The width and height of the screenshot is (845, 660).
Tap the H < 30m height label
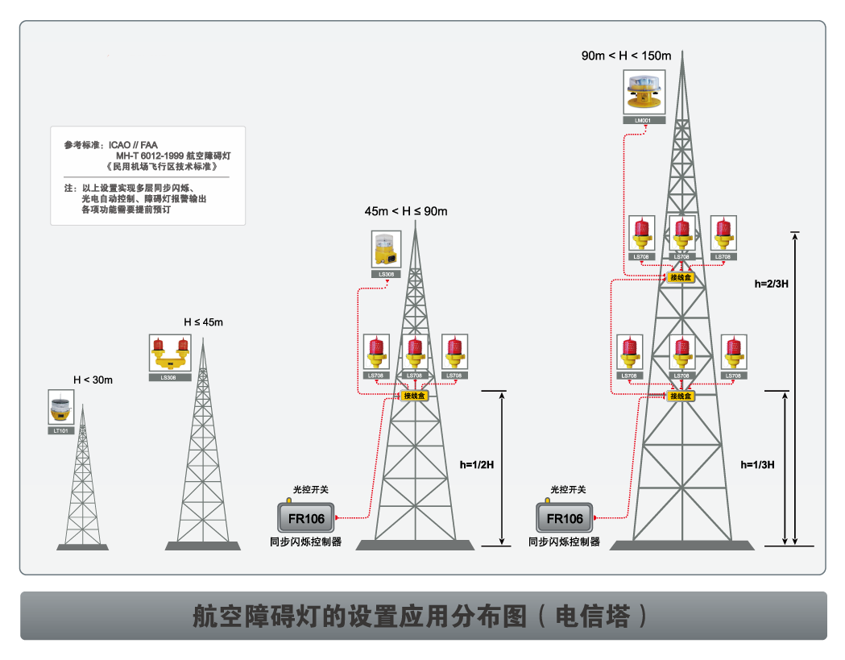pos(93,380)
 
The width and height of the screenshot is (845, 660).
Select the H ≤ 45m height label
pos(203,322)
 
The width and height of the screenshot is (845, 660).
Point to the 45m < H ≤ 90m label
pos(405,211)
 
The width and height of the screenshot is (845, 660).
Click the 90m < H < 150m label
pos(626,56)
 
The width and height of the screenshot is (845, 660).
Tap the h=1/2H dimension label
pos(477,465)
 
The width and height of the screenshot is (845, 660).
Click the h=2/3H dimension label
pos(771,284)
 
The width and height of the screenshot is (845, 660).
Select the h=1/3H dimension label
pos(757,465)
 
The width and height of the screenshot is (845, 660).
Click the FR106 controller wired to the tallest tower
pos(564,518)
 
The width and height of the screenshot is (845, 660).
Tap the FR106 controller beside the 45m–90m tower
pos(305,518)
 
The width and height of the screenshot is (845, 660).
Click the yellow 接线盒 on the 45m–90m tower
pos(415,396)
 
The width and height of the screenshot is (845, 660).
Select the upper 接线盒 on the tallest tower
pos(681,277)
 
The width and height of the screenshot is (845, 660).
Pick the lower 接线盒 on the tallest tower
pos(681,396)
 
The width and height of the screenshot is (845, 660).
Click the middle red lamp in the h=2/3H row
pos(682,234)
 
